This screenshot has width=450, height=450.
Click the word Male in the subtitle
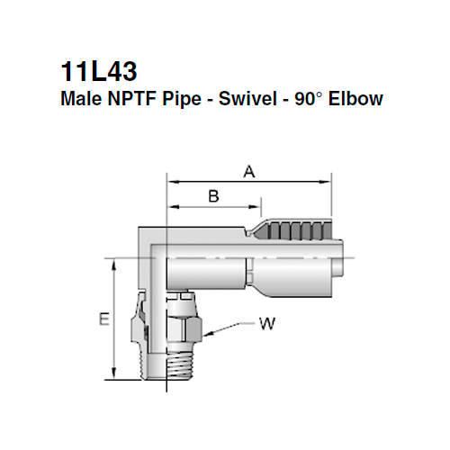78,98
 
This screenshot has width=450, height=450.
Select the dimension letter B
213,195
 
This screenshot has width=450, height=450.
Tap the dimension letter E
104,320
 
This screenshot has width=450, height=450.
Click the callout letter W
266,322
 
